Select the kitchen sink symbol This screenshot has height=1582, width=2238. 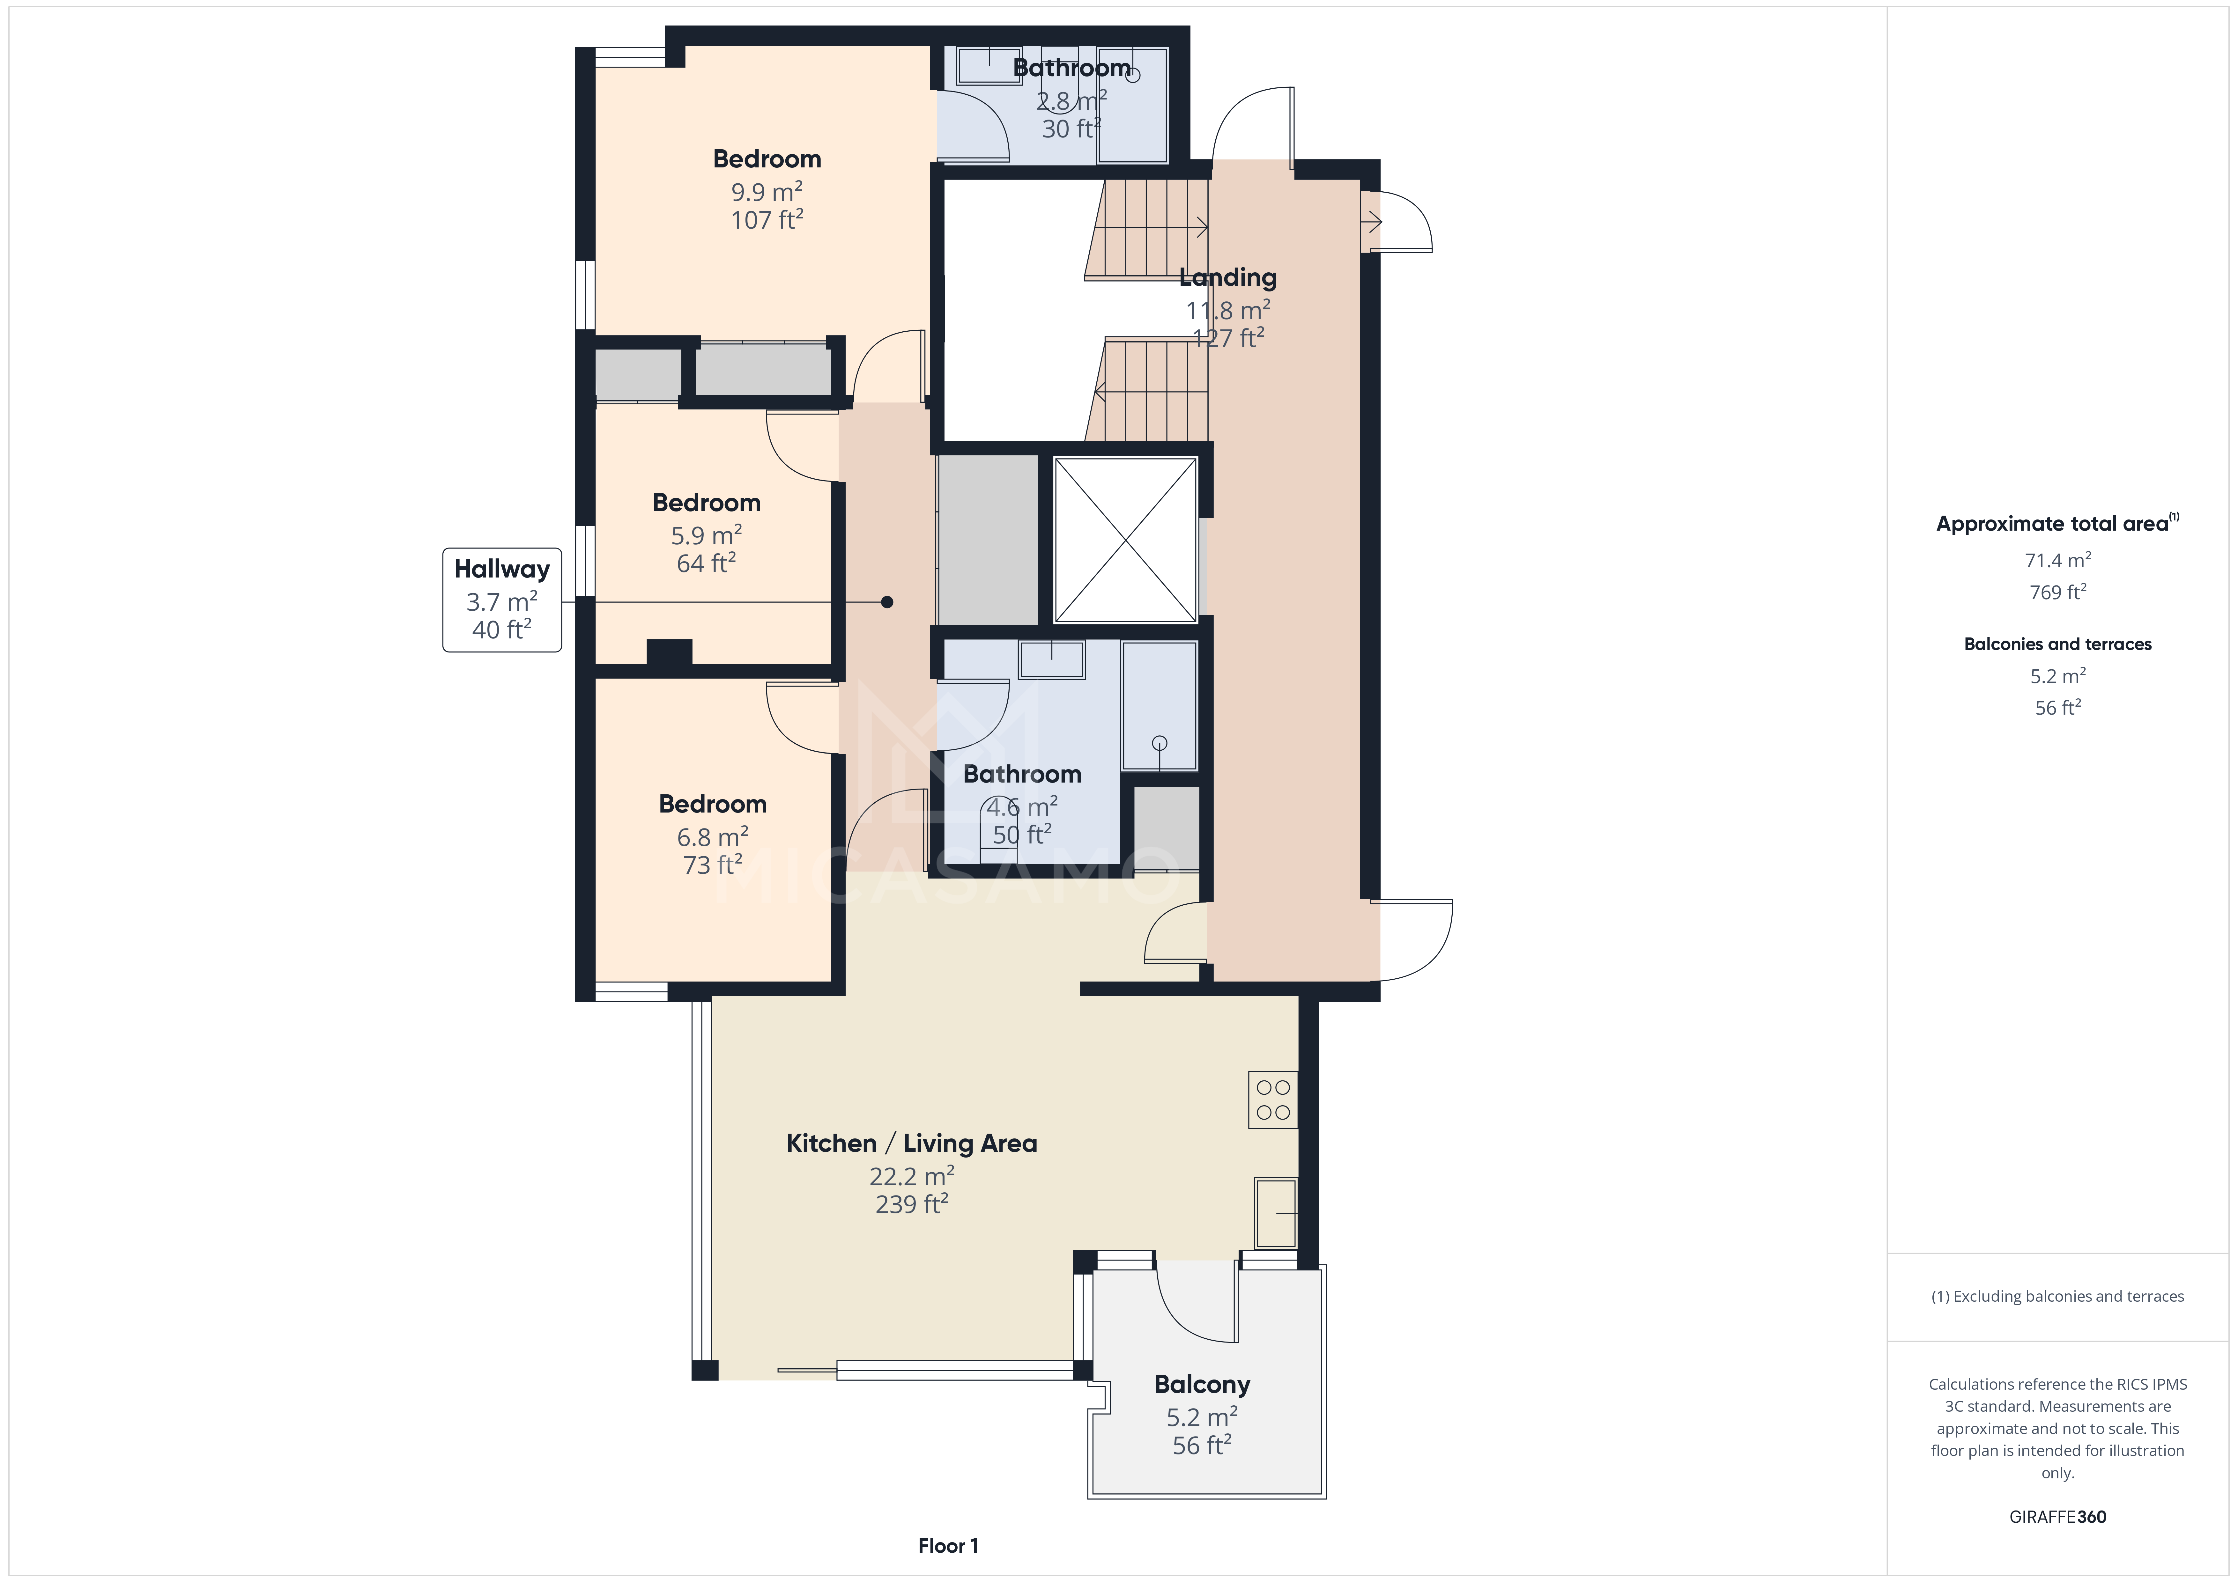click(x=1275, y=1213)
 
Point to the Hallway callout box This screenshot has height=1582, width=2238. click(x=502, y=600)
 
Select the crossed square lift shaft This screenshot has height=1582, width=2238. click(x=1126, y=540)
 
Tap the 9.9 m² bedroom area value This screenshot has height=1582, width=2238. click(x=767, y=192)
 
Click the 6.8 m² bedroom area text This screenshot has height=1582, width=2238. click(x=713, y=837)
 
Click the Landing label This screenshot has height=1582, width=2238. click(x=1227, y=278)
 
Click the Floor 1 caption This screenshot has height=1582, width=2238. click(x=947, y=1546)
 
